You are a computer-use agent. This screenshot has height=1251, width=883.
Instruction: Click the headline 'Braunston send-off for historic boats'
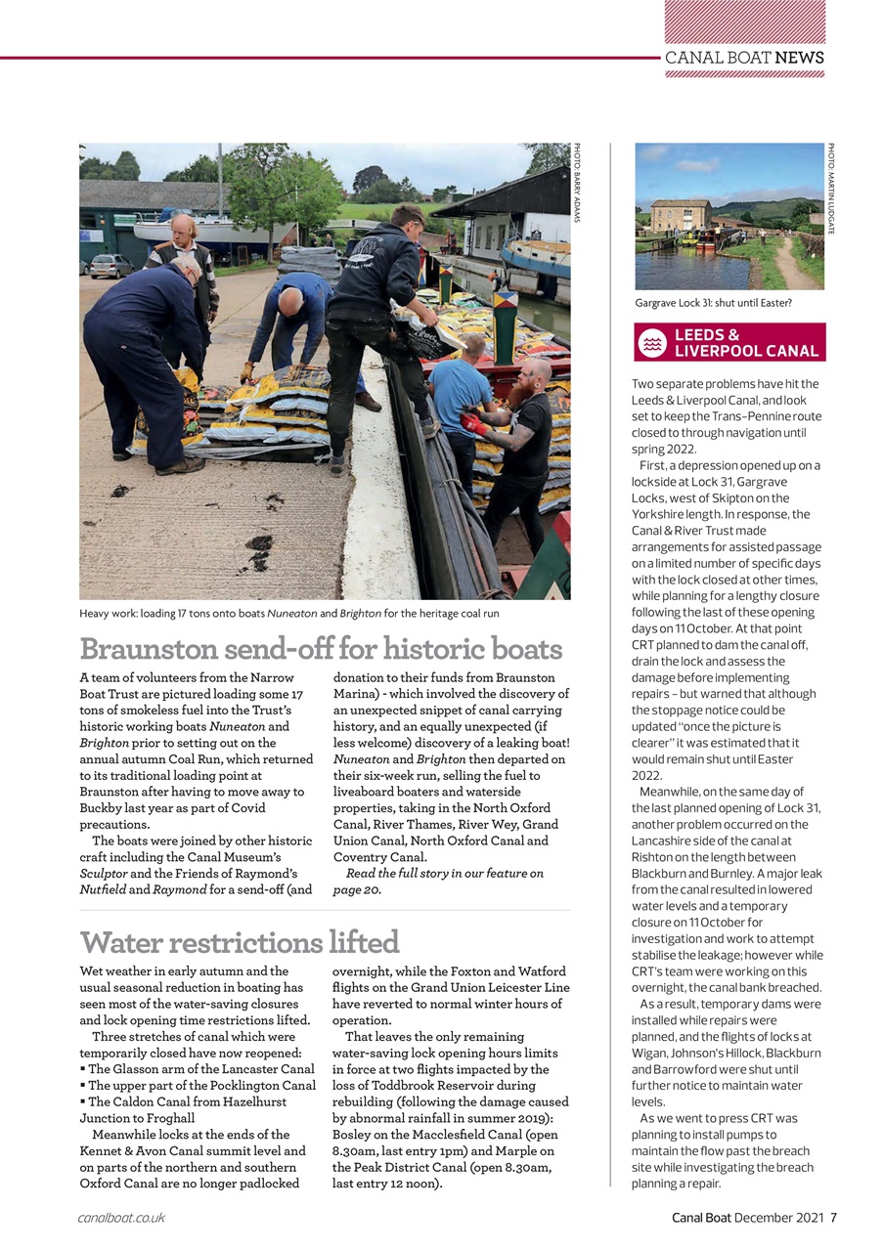(321, 649)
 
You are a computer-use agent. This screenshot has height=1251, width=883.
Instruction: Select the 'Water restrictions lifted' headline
(240, 942)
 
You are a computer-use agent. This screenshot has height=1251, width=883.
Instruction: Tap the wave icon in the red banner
(652, 342)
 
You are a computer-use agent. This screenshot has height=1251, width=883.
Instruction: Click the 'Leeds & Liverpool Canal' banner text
(745, 342)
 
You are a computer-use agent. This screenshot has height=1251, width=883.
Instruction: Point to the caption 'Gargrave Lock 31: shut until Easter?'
(713, 303)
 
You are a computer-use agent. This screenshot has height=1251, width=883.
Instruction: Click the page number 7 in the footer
(834, 1217)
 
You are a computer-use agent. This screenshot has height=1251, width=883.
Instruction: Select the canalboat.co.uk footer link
(121, 1217)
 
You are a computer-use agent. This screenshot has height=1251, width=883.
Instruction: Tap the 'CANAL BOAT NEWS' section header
(744, 58)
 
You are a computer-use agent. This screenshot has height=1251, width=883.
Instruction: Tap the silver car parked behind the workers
(110, 265)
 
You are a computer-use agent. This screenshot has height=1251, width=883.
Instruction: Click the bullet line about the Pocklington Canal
(201, 1086)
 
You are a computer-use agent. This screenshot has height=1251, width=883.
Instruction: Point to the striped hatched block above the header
(744, 22)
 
